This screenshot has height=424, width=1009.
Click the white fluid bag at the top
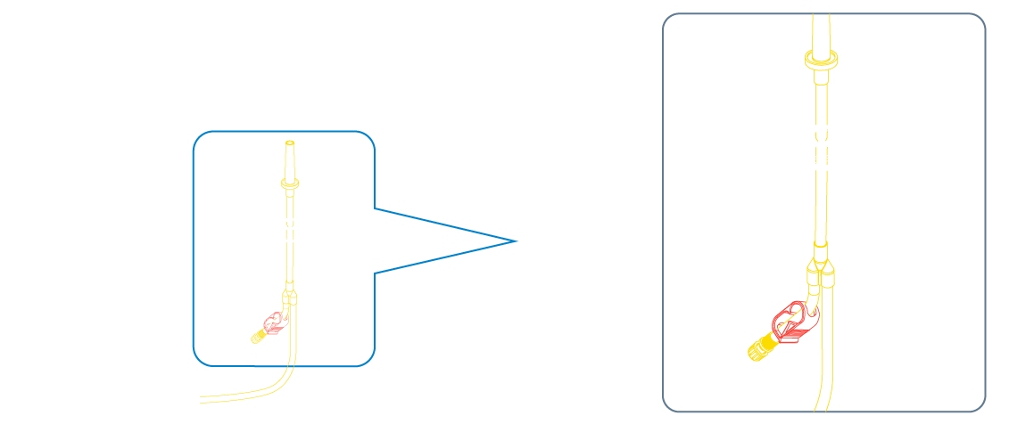[285, 49]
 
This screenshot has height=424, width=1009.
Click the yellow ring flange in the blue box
[290, 183]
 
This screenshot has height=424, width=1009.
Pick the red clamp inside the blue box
[274, 322]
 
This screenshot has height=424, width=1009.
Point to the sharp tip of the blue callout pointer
[517, 241]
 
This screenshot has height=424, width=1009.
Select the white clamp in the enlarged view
[828, 144]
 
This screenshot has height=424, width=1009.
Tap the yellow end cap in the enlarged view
[759, 348]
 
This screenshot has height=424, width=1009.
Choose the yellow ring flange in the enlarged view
[821, 61]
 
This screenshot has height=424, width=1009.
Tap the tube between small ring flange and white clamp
[290, 200]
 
